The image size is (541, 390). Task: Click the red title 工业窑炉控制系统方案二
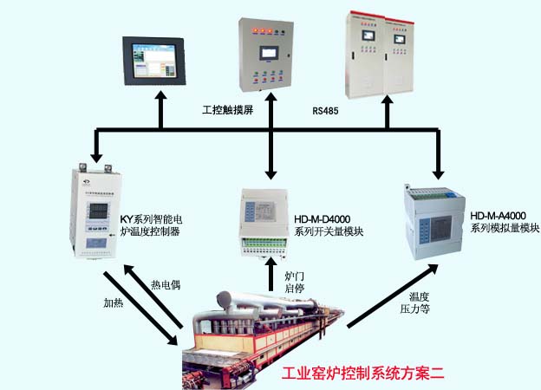pos(363,374)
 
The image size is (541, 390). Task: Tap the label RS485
pos(325,111)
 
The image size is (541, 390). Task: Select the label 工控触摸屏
pos(226,111)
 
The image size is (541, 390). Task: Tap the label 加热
pos(114,302)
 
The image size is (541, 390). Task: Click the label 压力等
pos(414,309)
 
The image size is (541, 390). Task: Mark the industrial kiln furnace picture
pos(260,334)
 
